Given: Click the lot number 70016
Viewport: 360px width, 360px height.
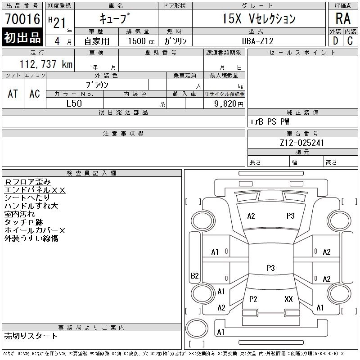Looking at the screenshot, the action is (22, 19).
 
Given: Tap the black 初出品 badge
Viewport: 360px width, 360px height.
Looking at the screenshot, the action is (22, 37).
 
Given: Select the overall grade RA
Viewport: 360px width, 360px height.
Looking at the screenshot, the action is (343, 18).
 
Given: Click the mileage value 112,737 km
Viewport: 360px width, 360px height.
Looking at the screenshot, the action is (46, 64).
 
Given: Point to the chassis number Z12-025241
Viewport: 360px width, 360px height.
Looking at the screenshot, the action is (302, 143).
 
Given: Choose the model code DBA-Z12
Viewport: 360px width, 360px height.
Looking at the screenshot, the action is (258, 41).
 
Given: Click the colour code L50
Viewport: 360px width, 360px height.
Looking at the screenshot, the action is (74, 103).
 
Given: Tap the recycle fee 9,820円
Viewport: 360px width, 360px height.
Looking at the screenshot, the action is (229, 104).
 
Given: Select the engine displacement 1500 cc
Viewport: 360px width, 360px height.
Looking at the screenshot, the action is (141, 41).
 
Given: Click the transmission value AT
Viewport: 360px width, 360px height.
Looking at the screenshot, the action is (13, 94).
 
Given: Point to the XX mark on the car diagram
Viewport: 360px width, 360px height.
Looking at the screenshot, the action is (288, 299).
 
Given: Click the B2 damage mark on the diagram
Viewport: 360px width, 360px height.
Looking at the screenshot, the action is (195, 275).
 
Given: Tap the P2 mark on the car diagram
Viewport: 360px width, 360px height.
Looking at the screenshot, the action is (253, 299).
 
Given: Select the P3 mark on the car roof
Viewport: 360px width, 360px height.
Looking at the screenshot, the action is (271, 268).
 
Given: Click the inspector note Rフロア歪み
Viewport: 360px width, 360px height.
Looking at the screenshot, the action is (27, 182).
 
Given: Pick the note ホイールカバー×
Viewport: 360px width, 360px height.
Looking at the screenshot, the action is (35, 230).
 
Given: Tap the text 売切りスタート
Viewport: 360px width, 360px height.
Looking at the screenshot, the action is (31, 336).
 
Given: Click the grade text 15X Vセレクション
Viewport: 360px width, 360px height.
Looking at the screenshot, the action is (259, 18).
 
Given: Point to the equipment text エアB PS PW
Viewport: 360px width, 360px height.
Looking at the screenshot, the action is (269, 121).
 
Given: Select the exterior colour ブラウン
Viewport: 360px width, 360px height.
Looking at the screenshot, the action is (97, 85).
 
